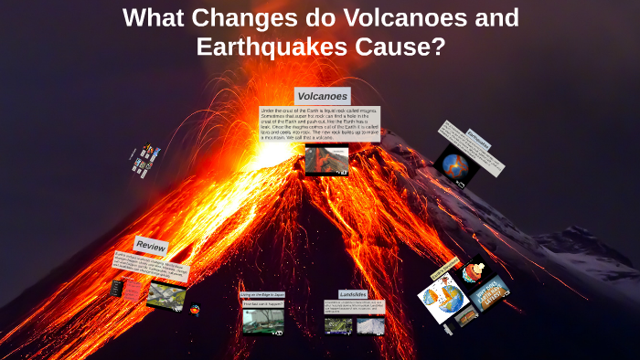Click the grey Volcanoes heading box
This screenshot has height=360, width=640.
[322, 96]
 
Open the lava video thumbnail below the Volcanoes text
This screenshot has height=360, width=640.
[326, 160]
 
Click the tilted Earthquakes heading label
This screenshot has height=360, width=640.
[478, 140]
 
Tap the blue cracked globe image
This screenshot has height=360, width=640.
[454, 165]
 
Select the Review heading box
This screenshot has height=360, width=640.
[151, 245]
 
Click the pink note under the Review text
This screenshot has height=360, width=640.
[132, 290]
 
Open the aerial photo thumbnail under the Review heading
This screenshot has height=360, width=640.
[165, 295]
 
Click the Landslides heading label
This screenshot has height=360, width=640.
[353, 294]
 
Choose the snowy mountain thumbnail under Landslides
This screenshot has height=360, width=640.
[370, 325]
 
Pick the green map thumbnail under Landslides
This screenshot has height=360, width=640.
[338, 325]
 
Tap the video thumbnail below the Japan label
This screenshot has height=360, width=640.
[263, 321]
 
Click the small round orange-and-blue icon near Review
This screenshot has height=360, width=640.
[195, 310]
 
